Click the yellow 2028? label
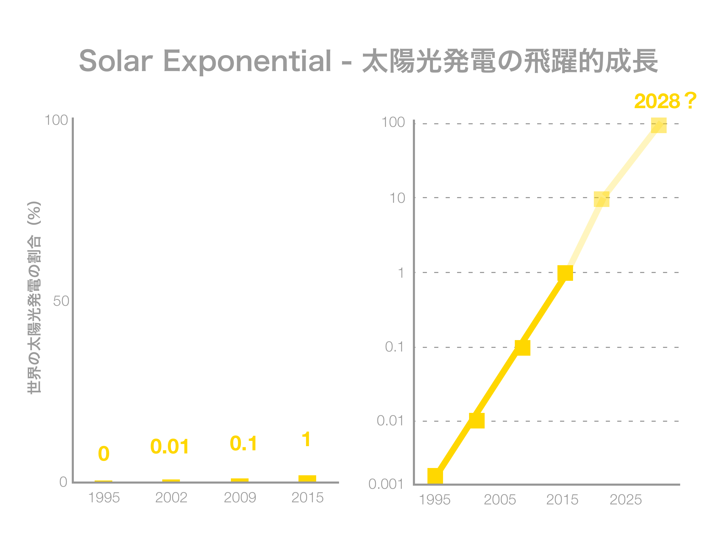point(665,101)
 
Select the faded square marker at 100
point(659,125)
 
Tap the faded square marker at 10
point(602,199)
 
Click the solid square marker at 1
point(565,273)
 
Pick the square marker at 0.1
point(522,348)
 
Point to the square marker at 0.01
point(477,421)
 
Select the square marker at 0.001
point(435,476)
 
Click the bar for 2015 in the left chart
point(307,479)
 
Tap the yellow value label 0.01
point(170,447)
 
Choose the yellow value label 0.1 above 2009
point(244,443)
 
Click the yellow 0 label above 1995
point(104,454)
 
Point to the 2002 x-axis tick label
point(171,498)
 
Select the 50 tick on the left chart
point(61,301)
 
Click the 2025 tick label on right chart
point(626,500)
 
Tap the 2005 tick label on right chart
point(500,500)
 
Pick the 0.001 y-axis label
point(386,484)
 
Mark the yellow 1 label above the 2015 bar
point(306,439)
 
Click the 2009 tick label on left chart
point(240,498)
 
